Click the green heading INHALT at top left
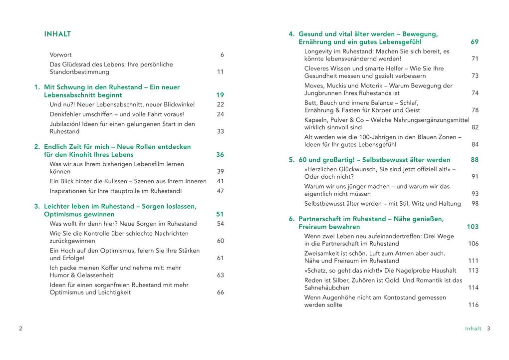(57, 34)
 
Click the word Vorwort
(60, 54)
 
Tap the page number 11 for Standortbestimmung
(221, 72)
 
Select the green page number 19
(220, 95)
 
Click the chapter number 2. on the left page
(37, 147)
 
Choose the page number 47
(221, 191)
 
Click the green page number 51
(220, 214)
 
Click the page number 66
(221, 293)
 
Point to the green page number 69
(475, 42)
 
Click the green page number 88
(475, 160)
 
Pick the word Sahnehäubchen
(326, 288)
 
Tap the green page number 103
(473, 227)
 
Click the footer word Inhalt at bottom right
(473, 329)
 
